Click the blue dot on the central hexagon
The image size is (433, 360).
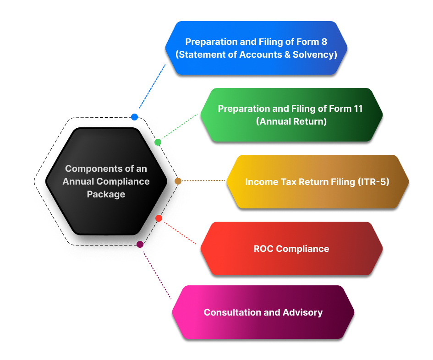134,117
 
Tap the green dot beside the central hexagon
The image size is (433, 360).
158,142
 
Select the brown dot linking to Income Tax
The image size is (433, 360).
178,181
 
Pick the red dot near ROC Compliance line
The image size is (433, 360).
159,218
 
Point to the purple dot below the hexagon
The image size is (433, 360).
140,244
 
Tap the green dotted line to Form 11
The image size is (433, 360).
180,127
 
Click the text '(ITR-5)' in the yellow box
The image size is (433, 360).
373,182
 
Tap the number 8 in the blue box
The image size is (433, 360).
324,42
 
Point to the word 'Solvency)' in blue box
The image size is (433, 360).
316,55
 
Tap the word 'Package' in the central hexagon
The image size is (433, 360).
106,194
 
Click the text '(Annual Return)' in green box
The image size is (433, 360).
291,121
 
